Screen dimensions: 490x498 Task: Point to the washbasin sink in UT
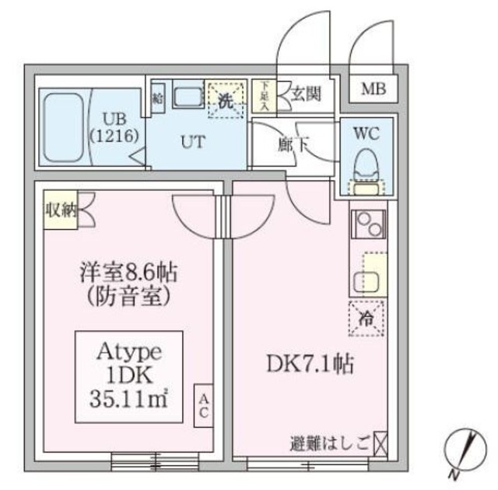(x=186, y=98)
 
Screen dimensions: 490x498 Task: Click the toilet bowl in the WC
(x=364, y=164)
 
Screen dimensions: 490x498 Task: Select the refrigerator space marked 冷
(x=365, y=316)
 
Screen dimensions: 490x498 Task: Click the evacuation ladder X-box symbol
(x=380, y=446)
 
